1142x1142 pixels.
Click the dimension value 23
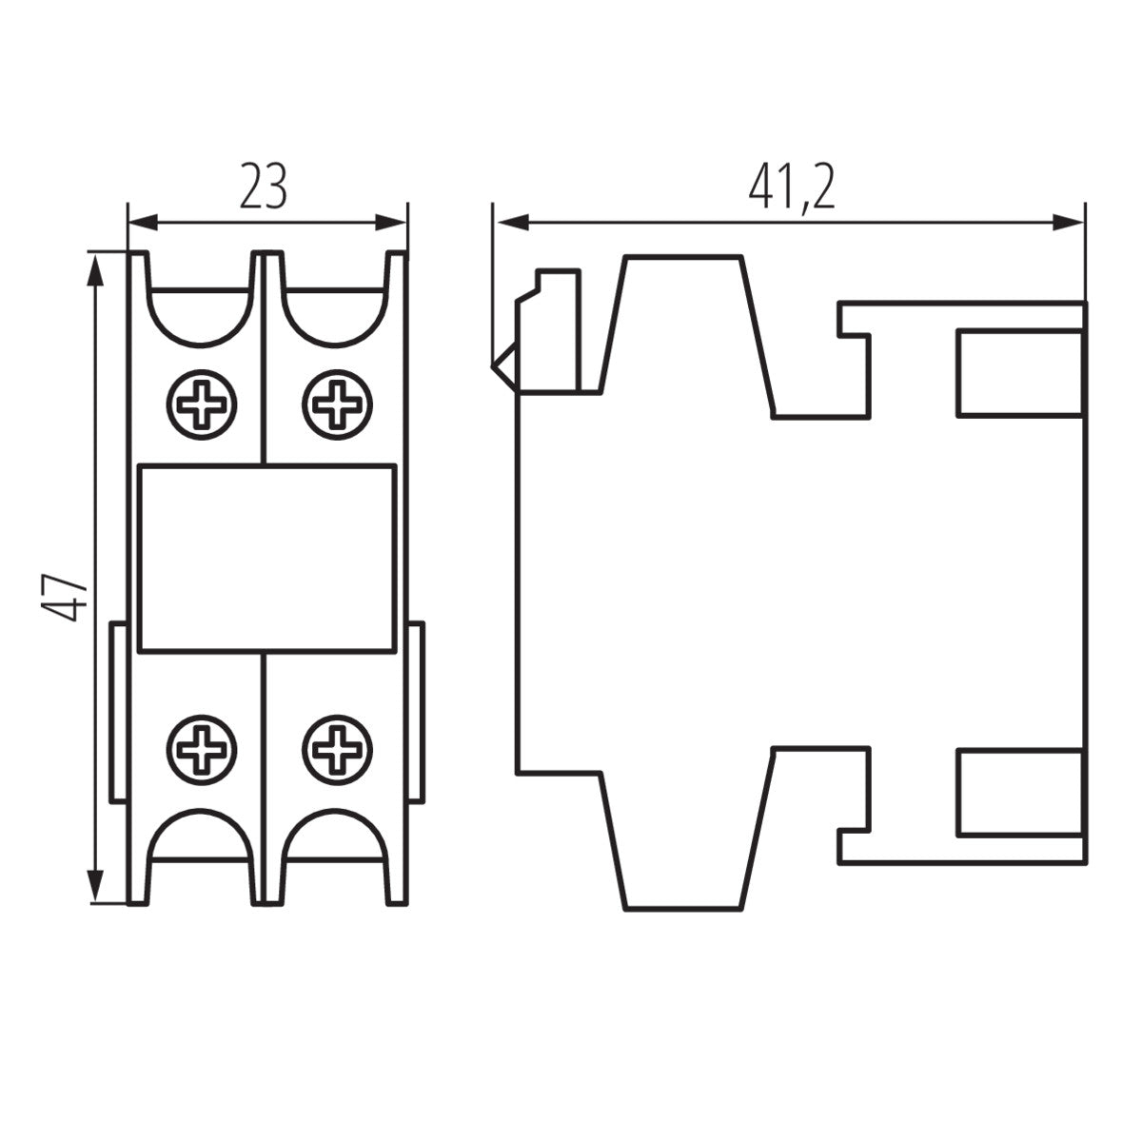(x=263, y=187)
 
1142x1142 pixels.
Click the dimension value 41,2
(x=790, y=187)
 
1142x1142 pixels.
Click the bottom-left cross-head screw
(x=202, y=747)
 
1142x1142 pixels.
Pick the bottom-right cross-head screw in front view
(x=336, y=747)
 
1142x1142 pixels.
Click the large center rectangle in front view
(x=266, y=559)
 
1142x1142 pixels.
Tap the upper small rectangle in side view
(x=1019, y=372)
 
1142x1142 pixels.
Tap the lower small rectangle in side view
(x=1019, y=792)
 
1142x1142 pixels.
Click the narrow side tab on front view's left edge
(x=118, y=712)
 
